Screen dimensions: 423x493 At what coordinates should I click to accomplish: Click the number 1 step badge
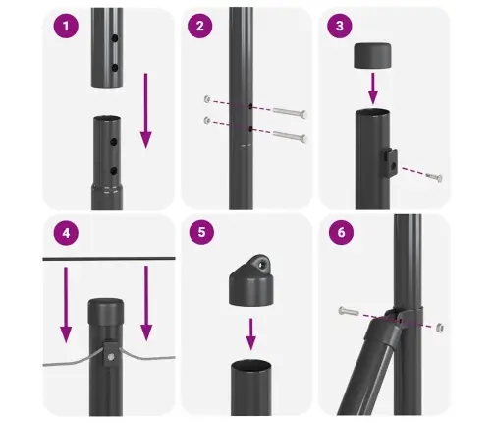click(x=67, y=27)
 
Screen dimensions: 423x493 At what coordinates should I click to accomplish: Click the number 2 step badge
click(x=200, y=27)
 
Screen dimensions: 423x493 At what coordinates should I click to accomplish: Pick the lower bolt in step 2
click(x=284, y=134)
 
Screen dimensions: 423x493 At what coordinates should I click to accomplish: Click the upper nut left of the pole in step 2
click(x=206, y=100)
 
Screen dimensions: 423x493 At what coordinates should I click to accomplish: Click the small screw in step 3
click(x=434, y=177)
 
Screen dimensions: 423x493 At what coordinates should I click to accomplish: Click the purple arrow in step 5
click(x=251, y=331)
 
